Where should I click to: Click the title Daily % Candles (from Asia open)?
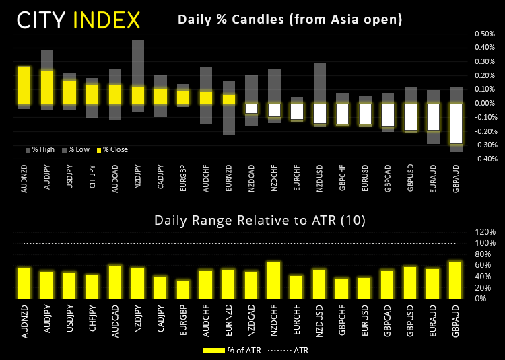(290, 20)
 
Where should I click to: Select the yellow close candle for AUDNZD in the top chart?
(24, 85)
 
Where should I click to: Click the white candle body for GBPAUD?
(457, 124)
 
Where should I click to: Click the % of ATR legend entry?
(226, 350)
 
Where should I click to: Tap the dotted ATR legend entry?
(289, 350)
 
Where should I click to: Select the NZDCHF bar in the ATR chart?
(274, 281)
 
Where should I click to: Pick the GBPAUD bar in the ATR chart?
(457, 280)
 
